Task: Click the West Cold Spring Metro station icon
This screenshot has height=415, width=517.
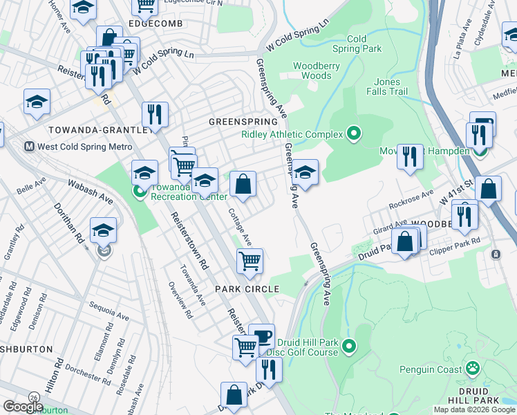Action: (x=29, y=147)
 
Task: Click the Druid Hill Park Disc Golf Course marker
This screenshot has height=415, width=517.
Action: (x=350, y=345)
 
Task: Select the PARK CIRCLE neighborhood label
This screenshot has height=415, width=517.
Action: (x=247, y=289)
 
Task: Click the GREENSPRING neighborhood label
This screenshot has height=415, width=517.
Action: (x=238, y=122)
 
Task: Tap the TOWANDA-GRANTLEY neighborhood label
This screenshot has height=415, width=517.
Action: (x=98, y=130)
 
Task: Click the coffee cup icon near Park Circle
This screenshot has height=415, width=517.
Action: (x=261, y=336)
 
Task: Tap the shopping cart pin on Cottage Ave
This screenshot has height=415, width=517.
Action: (x=250, y=261)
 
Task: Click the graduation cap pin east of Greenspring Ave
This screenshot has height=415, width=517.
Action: (x=304, y=172)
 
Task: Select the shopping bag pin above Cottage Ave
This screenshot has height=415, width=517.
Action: (x=243, y=184)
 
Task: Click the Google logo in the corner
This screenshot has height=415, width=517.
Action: (x=23, y=406)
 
